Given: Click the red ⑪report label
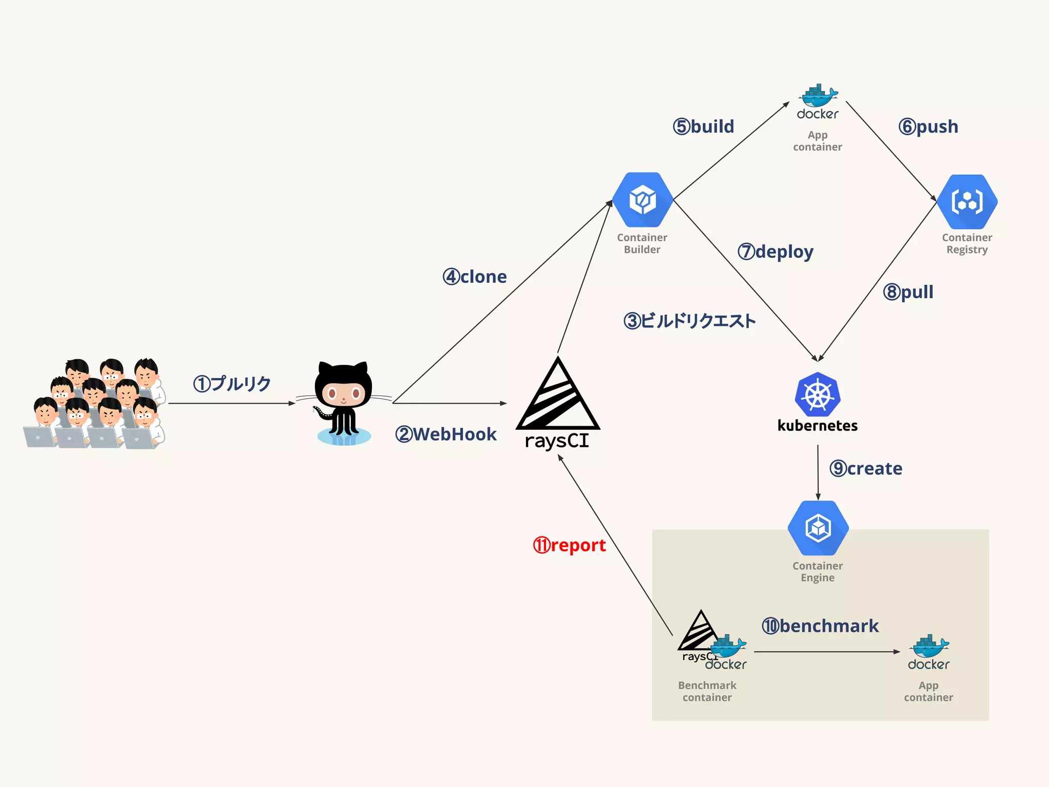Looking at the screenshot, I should coord(569,545).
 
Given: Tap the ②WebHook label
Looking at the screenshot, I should coord(446,434).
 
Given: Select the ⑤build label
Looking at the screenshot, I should coord(703,127).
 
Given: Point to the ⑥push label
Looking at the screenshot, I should coord(928,127).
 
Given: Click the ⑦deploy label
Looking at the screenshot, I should coord(775,252).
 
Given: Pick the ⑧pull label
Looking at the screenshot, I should coord(908,292).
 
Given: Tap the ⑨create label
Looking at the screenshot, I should coord(866,468).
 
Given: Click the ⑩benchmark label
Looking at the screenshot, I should coord(820,626).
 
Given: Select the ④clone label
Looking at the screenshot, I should coord(474,277).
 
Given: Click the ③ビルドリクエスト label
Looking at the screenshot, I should coord(689,321).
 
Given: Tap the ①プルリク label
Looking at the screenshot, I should coord(232,383).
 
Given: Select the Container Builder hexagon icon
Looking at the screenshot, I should coord(642,200).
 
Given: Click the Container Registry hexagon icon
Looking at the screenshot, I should coord(967,201).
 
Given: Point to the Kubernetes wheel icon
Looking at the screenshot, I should coord(817,395).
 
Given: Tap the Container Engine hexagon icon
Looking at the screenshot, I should coord(818,528).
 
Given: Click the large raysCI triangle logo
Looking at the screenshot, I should coord(557,397).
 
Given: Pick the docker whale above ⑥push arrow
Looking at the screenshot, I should coord(818,96).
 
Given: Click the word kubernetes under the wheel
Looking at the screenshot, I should coord(817,426).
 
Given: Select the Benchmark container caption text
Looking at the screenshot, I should coord(707,691).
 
